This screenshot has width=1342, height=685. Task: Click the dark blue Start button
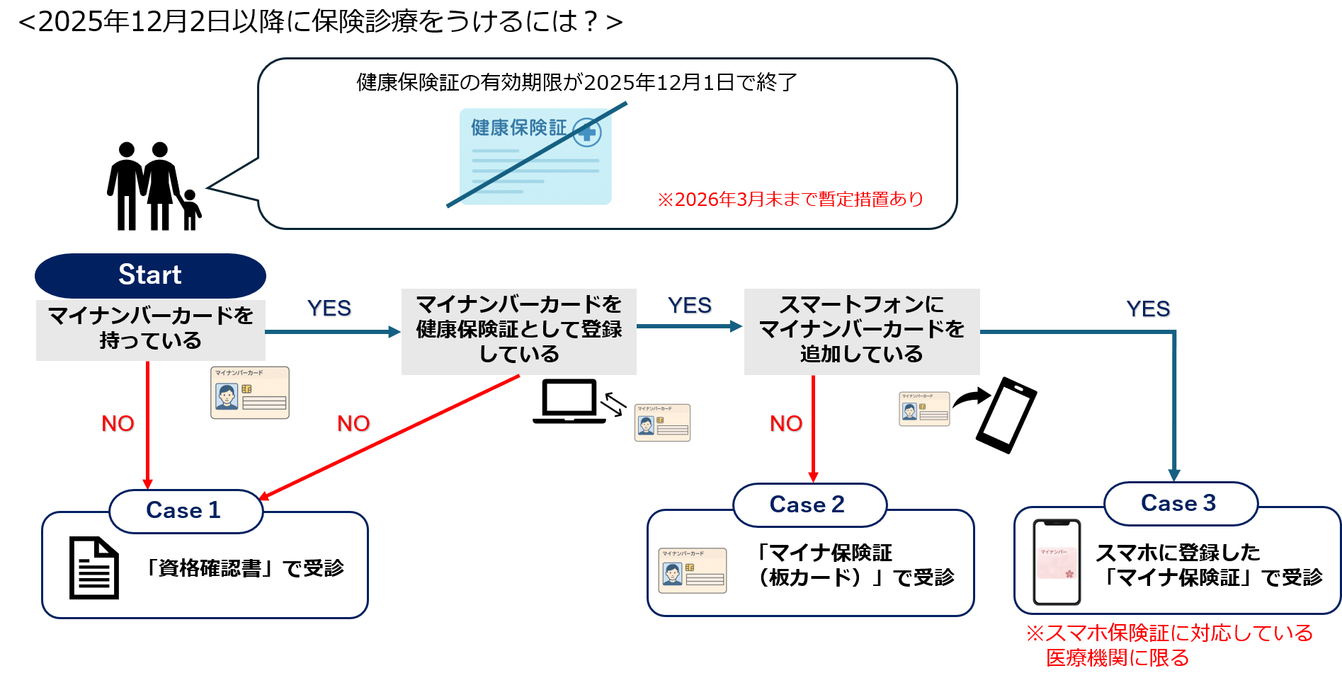point(150,275)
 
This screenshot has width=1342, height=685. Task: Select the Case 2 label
point(809,505)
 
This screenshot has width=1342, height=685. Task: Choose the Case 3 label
point(1180,504)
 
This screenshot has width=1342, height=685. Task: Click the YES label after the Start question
point(329,309)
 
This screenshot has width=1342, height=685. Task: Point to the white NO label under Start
point(118,423)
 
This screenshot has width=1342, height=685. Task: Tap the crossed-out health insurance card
point(536,156)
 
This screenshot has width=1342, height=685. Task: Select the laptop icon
point(569,402)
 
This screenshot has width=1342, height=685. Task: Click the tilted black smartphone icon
point(1006,415)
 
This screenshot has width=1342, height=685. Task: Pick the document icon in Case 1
point(93,568)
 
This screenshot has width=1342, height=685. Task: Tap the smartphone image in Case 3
point(1057,563)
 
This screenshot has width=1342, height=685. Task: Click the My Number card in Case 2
point(693,570)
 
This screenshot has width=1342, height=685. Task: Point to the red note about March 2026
point(790,200)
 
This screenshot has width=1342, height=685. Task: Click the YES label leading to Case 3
point(1148,309)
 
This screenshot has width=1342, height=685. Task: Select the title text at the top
point(320,22)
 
